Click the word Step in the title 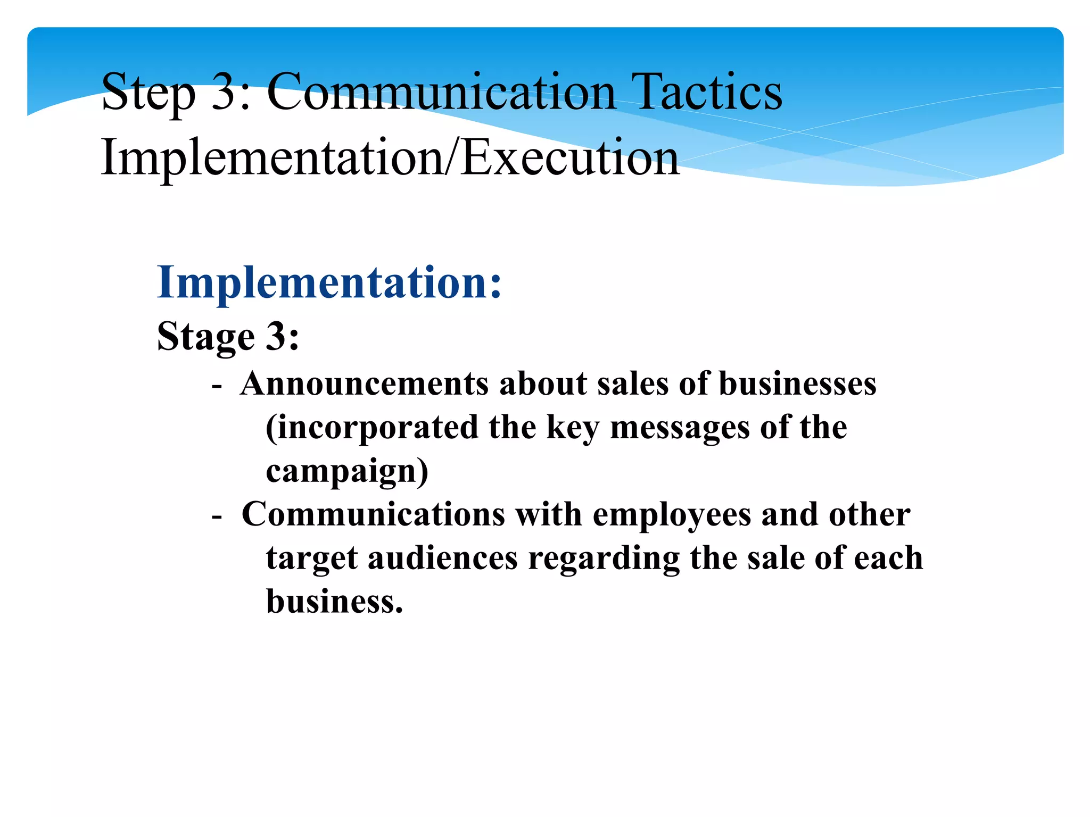(148, 93)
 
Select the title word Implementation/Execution (390, 157)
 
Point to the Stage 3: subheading (228, 336)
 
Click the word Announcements (364, 384)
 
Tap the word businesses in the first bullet (797, 384)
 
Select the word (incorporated (372, 427)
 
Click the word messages (680, 427)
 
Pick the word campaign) (347, 471)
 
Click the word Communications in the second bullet (373, 514)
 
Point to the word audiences (442, 558)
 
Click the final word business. (334, 602)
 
